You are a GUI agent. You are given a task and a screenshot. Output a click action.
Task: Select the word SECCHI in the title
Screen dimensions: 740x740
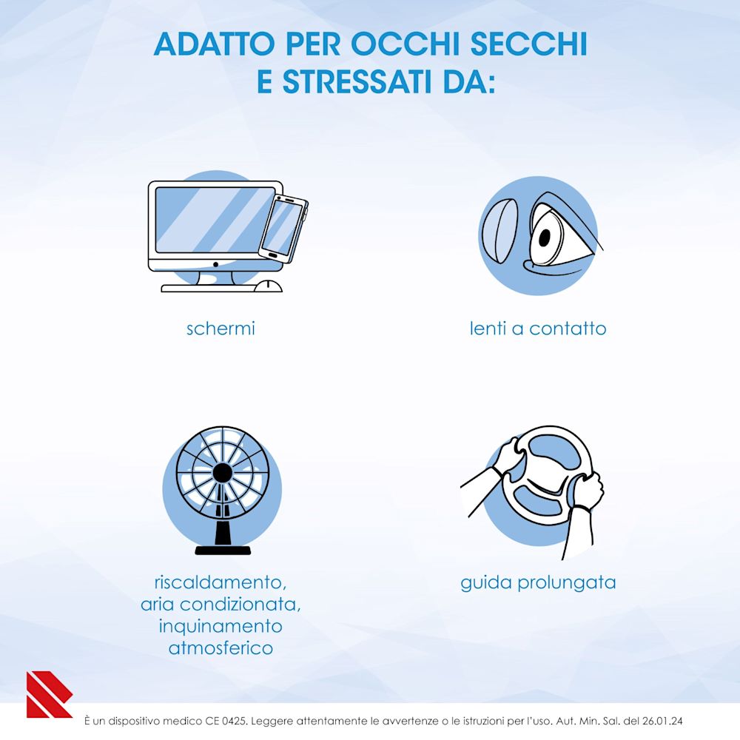pos(536,44)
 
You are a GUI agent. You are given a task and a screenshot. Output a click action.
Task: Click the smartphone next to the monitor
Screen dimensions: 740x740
pos(284,227)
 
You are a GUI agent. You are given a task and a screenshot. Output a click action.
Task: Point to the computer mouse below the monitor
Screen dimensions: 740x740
pos(268,286)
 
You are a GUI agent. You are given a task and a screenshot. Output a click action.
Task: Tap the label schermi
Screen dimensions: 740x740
pos(221,329)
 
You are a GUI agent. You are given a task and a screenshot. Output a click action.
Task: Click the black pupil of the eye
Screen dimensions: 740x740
pos(545,238)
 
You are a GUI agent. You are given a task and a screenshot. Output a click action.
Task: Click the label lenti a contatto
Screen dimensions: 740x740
pos(538,329)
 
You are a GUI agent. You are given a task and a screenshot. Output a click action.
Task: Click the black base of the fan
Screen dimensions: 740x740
pos(222,549)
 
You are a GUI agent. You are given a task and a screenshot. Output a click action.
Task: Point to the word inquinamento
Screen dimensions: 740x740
pos(221,626)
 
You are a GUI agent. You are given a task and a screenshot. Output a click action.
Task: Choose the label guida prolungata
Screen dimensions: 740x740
pos(538,583)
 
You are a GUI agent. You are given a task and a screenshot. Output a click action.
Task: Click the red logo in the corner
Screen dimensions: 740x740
pos(47,694)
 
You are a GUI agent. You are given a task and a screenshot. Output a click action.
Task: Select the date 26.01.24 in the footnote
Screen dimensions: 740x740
pos(668,719)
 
